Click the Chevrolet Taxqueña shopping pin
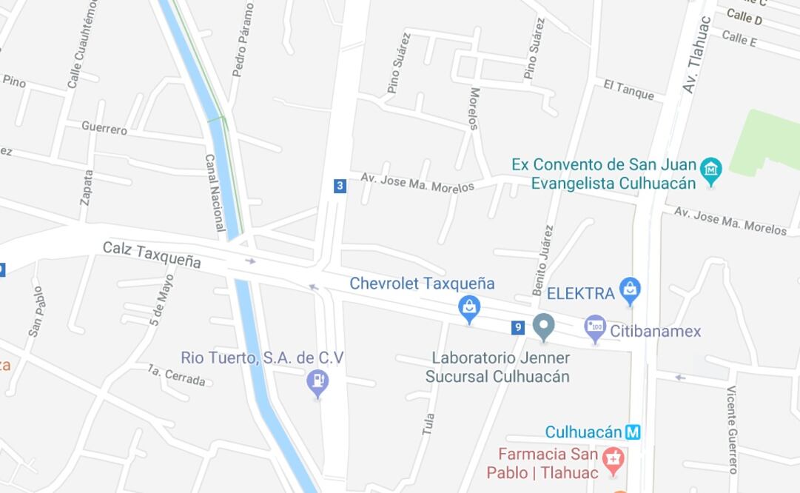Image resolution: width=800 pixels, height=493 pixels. (x=468, y=308)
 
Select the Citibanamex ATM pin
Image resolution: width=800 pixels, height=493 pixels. (x=595, y=328)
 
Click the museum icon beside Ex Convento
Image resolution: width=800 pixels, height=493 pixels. (x=710, y=170)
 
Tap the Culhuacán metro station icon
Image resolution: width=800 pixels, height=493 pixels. (x=633, y=432)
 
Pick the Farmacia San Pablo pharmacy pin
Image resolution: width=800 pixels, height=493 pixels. (x=613, y=460)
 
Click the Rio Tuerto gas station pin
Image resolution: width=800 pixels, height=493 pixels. (x=317, y=382)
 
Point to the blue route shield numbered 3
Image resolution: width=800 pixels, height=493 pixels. (x=340, y=186)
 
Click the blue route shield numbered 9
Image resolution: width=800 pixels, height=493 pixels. (x=518, y=327)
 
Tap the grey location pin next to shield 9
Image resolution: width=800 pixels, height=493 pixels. (x=544, y=326)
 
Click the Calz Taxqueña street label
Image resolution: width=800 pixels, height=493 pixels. (x=152, y=254)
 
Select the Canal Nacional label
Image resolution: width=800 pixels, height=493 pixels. (x=215, y=192)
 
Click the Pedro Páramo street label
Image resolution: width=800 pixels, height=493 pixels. (x=243, y=40)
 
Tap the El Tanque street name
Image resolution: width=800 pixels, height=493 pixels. (x=628, y=90)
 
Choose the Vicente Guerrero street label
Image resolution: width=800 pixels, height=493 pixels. (x=732, y=429)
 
